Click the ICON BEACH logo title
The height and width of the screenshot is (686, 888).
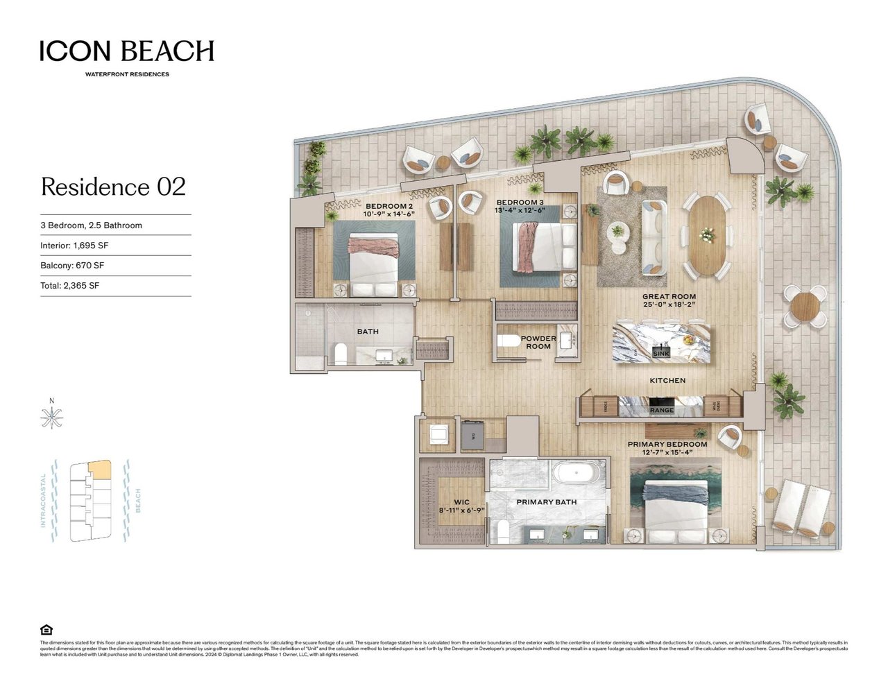[126, 51]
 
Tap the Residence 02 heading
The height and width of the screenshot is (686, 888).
[113, 187]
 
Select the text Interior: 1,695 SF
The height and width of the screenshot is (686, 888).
[74, 246]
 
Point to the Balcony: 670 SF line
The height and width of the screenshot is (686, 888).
[72, 266]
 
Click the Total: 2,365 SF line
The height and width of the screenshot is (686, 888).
[69, 286]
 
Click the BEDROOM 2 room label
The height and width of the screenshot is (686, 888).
[389, 206]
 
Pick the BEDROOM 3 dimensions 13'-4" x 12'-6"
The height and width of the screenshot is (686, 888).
[520, 210]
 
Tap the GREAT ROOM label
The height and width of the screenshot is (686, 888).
[669, 297]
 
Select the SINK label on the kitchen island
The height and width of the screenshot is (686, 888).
[661, 354]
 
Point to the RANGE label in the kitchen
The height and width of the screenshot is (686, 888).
[661, 411]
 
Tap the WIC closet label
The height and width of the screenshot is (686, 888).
[461, 501]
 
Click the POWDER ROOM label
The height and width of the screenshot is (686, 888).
[538, 343]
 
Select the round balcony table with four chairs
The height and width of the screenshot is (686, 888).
[805, 306]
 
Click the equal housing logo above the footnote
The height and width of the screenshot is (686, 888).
[46, 630]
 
